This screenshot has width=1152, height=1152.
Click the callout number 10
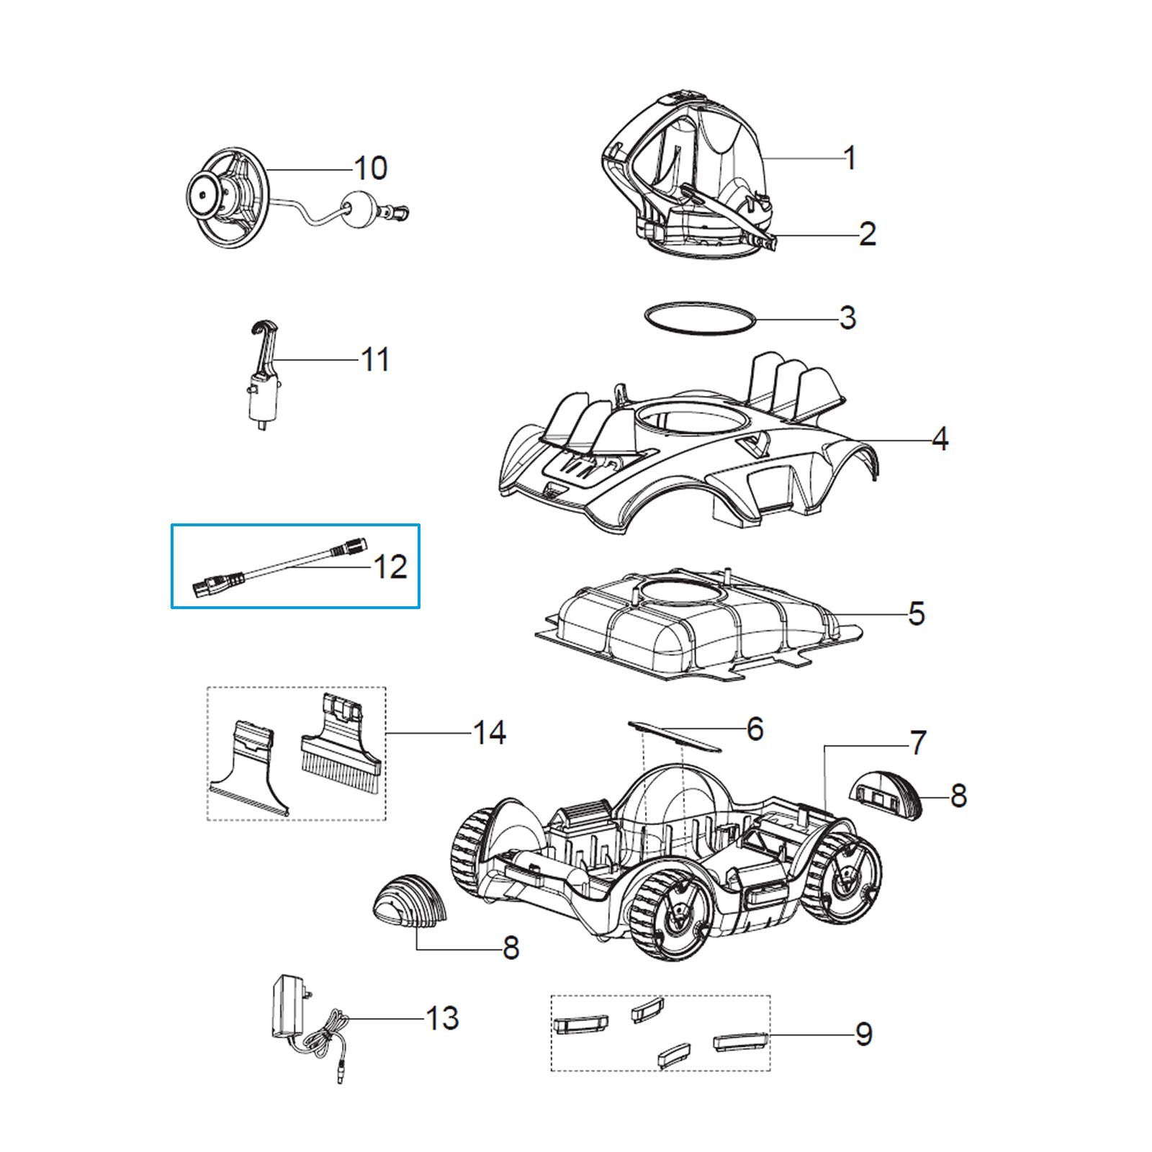pyautogui.click(x=371, y=168)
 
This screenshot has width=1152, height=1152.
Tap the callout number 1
pyautogui.click(x=850, y=158)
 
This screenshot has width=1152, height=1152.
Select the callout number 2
pyautogui.click(x=867, y=234)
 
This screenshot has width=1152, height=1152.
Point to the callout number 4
pyautogui.click(x=940, y=438)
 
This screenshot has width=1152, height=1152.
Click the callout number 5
pyautogui.click(x=916, y=613)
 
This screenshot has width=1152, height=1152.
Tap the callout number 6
pyautogui.click(x=755, y=729)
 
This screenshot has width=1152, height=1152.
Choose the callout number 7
pyautogui.click(x=917, y=743)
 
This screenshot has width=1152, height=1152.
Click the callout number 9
pyautogui.click(x=863, y=1034)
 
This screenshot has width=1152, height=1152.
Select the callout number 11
pyautogui.click(x=374, y=359)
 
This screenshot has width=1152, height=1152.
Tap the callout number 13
pyautogui.click(x=442, y=1018)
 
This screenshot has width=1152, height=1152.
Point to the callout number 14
pyautogui.click(x=490, y=732)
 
